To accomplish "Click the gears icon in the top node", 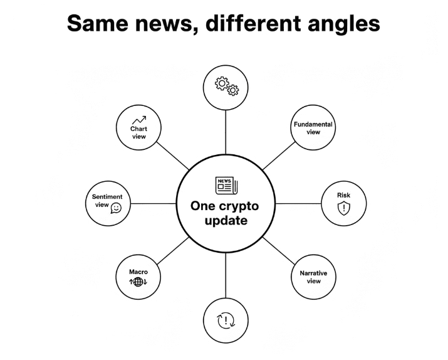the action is click(x=226, y=87).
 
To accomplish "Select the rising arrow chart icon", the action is click(x=138, y=120).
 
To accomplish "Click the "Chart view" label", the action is click(x=138, y=132).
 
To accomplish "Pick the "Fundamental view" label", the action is click(x=313, y=128).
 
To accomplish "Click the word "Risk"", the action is click(x=343, y=195).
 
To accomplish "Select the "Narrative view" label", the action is click(x=313, y=277).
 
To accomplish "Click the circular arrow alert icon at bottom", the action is click(x=226, y=321).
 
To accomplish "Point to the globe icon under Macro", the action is click(x=138, y=282).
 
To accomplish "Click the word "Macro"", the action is click(x=138, y=272).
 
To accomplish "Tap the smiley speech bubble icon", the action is click(x=116, y=207).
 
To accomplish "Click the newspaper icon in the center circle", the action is click(x=226, y=185).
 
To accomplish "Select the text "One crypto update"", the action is click(x=225, y=213).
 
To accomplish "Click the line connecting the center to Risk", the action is click(x=298, y=203).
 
